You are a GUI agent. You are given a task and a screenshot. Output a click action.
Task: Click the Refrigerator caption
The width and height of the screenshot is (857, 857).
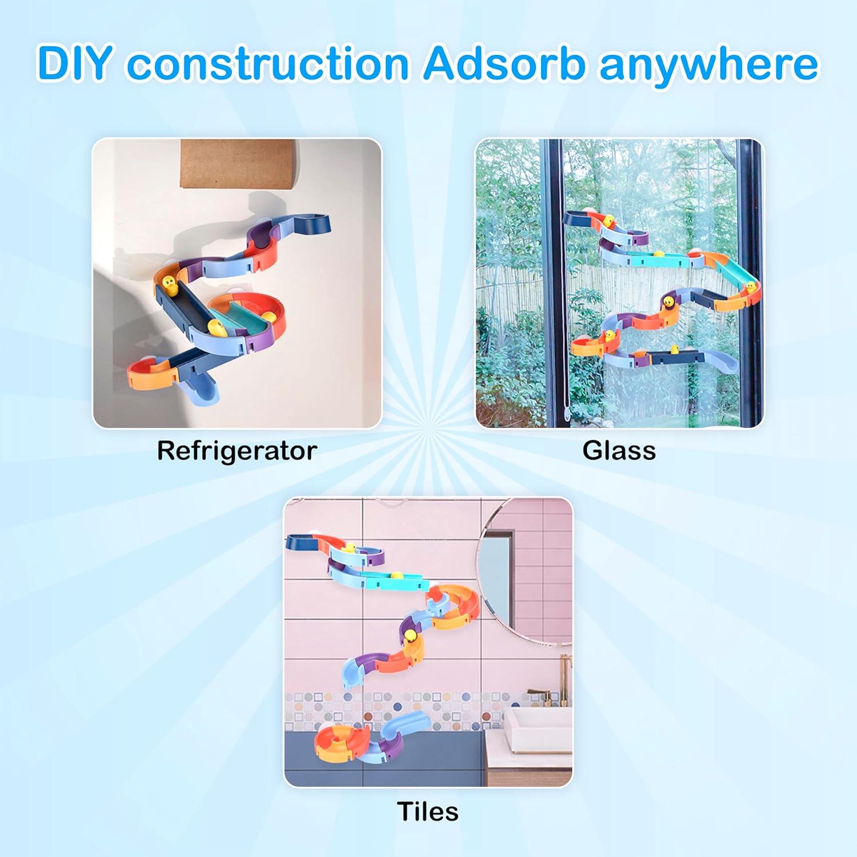(237, 451)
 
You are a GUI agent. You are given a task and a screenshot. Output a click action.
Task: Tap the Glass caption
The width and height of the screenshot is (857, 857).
(619, 451)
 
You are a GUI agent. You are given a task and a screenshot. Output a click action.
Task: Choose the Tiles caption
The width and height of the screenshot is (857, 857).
(427, 811)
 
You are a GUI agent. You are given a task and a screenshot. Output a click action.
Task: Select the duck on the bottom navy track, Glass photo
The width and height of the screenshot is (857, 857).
(674, 350)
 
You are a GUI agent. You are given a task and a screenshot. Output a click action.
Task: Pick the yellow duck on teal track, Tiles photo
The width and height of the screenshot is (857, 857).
(395, 575)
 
